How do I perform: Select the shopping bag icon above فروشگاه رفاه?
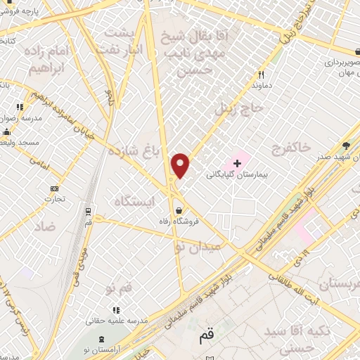click(x=181, y=210)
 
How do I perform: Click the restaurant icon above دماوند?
click(x=261, y=74)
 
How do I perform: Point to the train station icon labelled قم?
click(x=87, y=210)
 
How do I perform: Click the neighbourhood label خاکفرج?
click(x=294, y=146)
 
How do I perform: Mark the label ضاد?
click(x=43, y=226)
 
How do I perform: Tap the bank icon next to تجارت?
click(x=54, y=188)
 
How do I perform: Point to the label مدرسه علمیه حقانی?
click(x=117, y=320)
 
